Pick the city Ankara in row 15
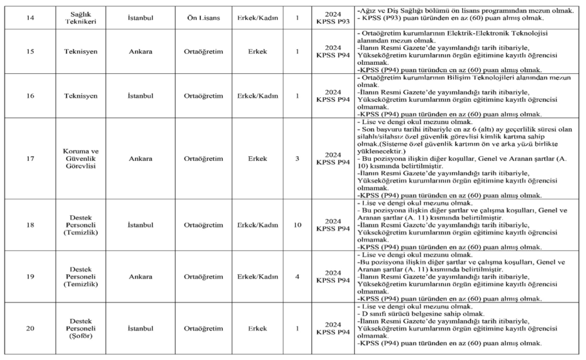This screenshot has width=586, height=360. [140, 51]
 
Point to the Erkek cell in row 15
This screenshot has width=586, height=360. [258, 51]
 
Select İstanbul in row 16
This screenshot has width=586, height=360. [140, 96]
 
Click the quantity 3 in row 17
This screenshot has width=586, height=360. [297, 158]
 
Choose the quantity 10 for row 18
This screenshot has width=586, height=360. [297, 225]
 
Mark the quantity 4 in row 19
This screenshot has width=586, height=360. [297, 276]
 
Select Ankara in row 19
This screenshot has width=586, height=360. [140, 276]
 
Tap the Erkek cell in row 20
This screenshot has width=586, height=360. [258, 328]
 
